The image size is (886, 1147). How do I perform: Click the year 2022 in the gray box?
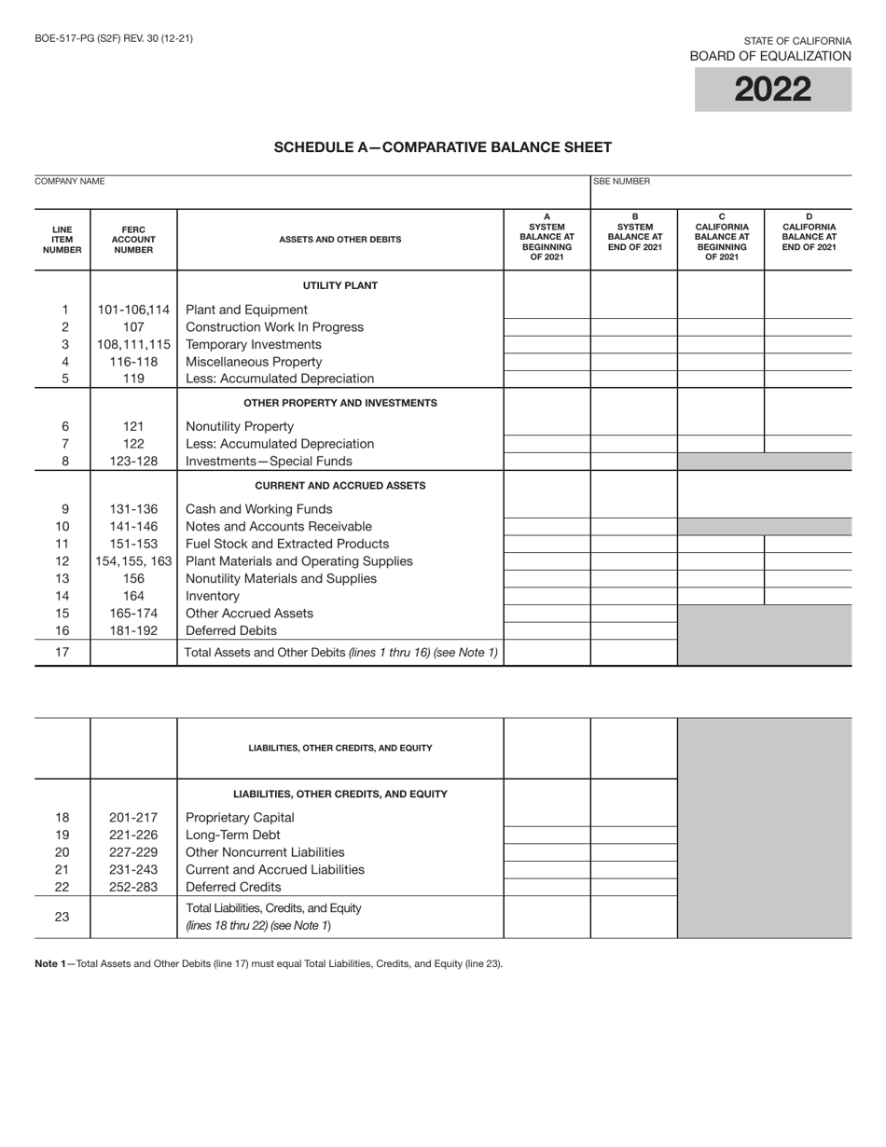coord(772,90)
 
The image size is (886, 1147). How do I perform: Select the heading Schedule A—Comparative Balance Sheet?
coord(442,147)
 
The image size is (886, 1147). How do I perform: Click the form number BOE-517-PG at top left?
coord(114,39)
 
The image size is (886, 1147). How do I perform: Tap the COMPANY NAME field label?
coord(70,182)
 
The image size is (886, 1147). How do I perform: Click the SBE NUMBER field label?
coord(622,182)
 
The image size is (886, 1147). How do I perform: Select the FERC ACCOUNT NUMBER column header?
coord(133,240)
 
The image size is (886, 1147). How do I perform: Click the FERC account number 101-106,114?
coord(133,310)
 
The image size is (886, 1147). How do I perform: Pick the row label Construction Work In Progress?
coord(274,327)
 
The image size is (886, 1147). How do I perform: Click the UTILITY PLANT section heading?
coord(340,285)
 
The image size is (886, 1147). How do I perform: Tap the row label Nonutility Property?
coord(240,426)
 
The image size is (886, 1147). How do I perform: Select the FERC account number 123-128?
coord(133,461)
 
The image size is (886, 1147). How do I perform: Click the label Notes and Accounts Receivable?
coord(278,527)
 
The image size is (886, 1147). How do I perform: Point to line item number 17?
coord(62,652)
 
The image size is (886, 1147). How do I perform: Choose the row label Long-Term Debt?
coord(232,835)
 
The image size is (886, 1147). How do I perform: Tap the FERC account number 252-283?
coord(133,887)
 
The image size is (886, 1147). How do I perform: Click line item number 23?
coord(62,917)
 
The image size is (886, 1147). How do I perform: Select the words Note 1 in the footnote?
coord(48,964)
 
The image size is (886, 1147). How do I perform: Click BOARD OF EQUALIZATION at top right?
coord(769,56)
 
